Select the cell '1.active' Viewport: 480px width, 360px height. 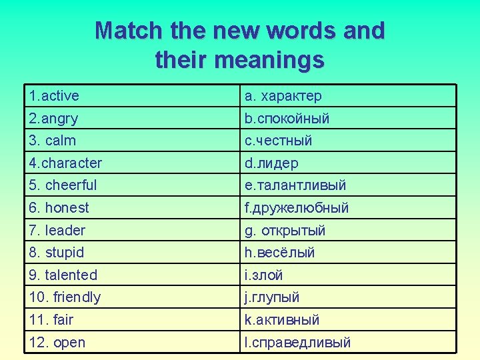click(54, 96)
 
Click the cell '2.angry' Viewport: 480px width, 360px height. click(53, 119)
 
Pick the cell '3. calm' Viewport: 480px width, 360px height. click(53, 141)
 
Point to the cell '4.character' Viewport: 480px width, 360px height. click(65, 163)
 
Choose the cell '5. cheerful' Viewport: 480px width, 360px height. click(63, 185)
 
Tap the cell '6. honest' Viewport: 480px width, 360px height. click(59, 207)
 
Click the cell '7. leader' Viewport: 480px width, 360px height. click(57, 230)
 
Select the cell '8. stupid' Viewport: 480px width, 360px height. click(57, 253)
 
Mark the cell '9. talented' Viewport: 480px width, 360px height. click(63, 275)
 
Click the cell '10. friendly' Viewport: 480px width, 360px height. click(65, 297)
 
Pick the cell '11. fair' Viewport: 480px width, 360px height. click(51, 319)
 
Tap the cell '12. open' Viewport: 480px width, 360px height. click(57, 343)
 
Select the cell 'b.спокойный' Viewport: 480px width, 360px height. click(287, 119)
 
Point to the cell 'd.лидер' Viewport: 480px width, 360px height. click(271, 163)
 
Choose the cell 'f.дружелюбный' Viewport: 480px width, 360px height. click(297, 207)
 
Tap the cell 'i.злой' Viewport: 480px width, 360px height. click(264, 275)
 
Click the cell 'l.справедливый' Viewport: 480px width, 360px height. click(297, 343)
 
